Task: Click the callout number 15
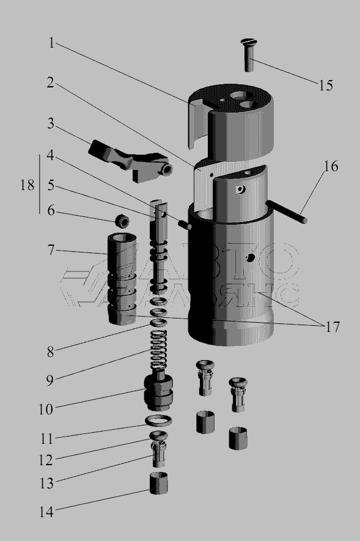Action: pos(326,85)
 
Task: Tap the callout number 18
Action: pos(28,185)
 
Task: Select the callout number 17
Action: pos(332,326)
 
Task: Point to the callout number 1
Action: pos(51,43)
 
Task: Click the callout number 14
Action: pos(46,512)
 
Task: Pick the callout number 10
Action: pos(46,409)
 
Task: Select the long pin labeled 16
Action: pos(287,212)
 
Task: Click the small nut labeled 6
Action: pos(122,221)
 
